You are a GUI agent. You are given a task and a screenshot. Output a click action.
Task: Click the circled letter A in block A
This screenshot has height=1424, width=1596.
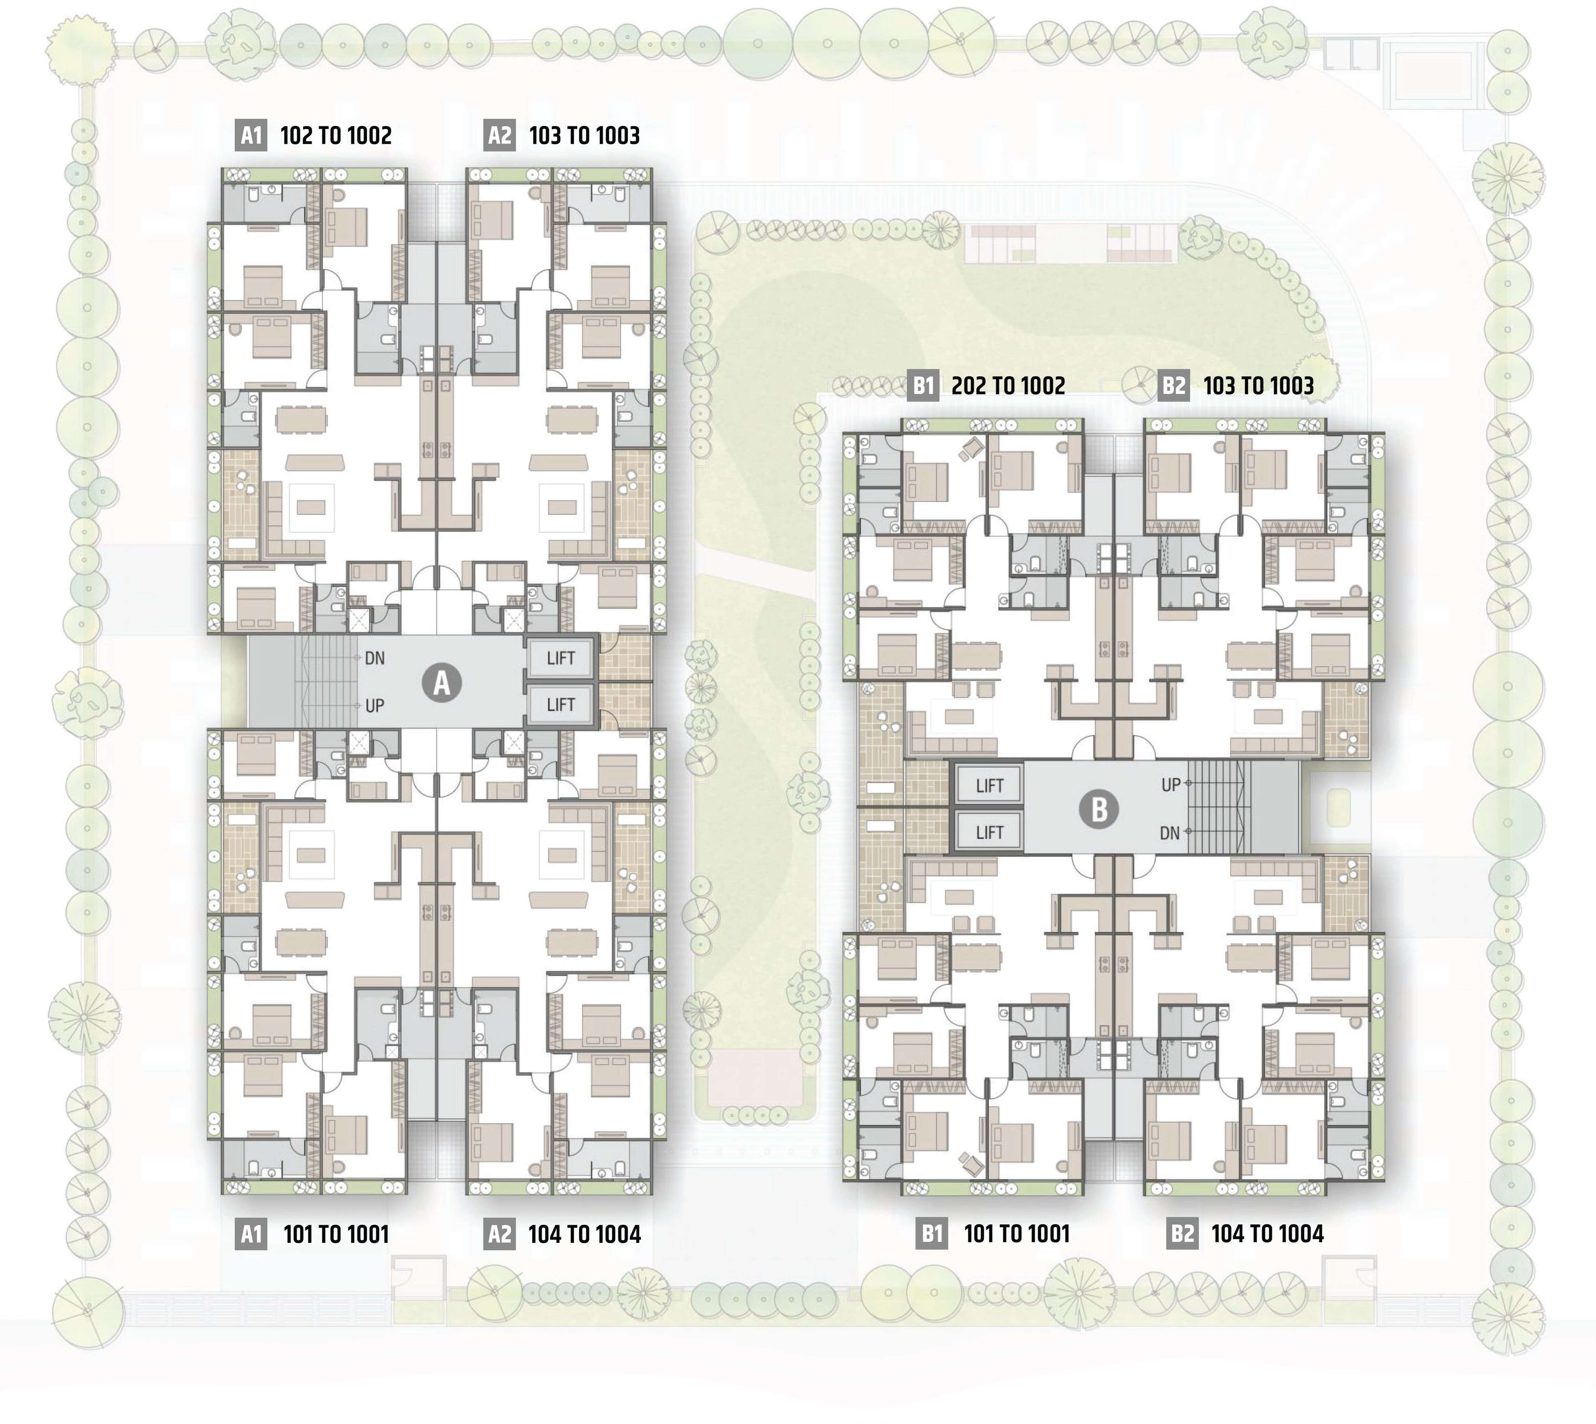pos(442,682)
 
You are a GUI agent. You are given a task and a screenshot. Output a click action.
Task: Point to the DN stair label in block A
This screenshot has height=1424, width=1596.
pos(375,658)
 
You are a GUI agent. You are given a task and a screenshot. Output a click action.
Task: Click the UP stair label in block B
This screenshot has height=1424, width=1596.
pos(1170,785)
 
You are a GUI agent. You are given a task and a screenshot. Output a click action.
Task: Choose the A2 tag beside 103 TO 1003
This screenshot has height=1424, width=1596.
pos(499,135)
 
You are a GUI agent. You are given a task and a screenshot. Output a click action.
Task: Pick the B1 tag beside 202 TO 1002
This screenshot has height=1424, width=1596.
pos(924,385)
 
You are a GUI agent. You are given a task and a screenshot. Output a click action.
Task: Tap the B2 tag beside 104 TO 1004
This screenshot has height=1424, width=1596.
pos(1182,1234)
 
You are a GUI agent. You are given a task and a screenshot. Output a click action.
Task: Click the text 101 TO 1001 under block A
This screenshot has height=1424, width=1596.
pos(335,1235)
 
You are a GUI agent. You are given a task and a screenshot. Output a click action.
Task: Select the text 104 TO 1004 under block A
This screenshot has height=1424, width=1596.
pos(584,1235)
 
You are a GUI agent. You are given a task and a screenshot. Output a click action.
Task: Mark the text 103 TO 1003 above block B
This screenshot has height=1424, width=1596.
pos(1258,385)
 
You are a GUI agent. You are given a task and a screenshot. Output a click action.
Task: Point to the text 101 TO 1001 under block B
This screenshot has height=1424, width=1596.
pos(1016,1234)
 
